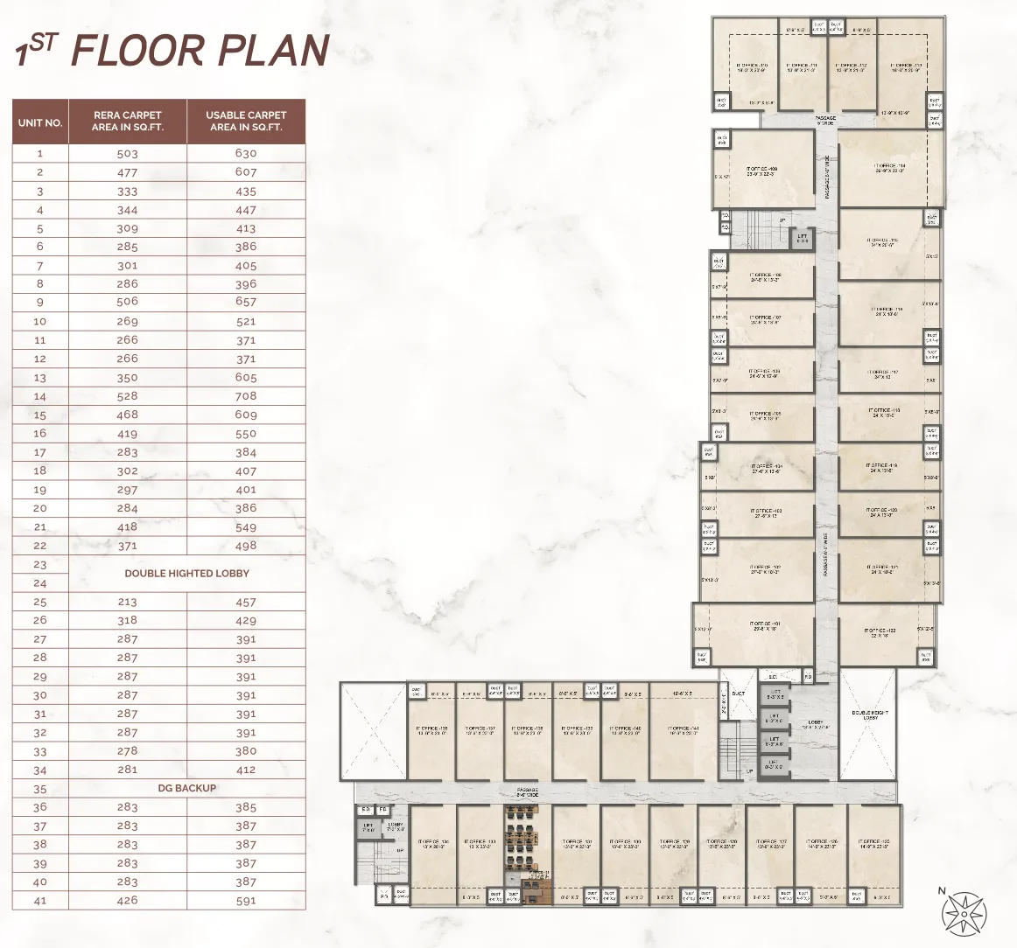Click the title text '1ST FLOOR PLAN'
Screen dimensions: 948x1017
172,50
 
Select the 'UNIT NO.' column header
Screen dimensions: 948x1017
40,122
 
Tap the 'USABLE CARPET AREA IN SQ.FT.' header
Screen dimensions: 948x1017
246,122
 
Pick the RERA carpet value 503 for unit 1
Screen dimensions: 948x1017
128,154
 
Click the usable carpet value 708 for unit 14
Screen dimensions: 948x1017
246,397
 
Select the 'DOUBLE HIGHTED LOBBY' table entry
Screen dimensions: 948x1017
186,574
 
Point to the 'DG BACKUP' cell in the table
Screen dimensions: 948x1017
186,788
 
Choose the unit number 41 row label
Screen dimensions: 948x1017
40,900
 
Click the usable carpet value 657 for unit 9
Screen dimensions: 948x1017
246,302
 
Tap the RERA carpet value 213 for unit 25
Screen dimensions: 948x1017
128,603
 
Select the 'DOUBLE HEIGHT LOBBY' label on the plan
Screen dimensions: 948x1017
869,715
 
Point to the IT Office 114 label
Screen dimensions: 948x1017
890,168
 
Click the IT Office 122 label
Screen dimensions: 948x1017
879,632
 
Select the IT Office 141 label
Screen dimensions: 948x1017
682,730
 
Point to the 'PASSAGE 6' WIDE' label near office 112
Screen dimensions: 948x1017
824,120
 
